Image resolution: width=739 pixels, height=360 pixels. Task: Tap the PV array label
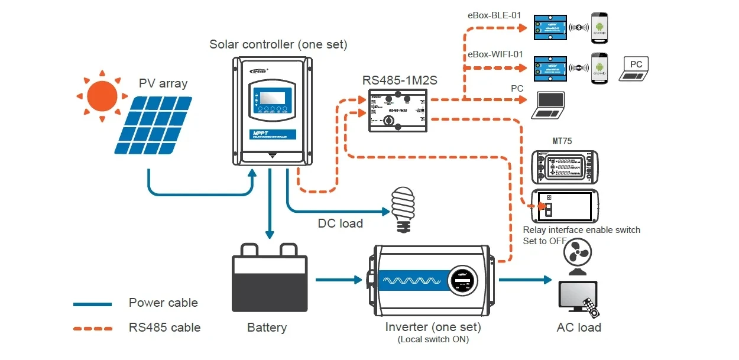(163, 83)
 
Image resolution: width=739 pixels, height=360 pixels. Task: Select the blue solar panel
(153, 125)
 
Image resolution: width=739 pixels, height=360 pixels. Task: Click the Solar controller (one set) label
(278, 45)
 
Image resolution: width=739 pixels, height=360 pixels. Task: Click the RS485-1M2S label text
(400, 80)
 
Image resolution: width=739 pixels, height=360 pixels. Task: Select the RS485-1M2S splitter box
(398, 111)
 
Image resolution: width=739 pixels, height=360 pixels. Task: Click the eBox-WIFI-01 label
(495, 54)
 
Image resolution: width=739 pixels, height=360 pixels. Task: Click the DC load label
(340, 223)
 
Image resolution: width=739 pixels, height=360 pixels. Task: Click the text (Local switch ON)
(433, 339)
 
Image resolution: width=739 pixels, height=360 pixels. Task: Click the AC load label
(578, 327)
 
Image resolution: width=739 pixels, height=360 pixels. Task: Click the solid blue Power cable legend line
(92, 304)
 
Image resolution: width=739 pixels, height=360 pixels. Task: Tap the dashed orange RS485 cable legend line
(92, 328)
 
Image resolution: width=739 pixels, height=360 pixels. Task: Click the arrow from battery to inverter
(338, 279)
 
